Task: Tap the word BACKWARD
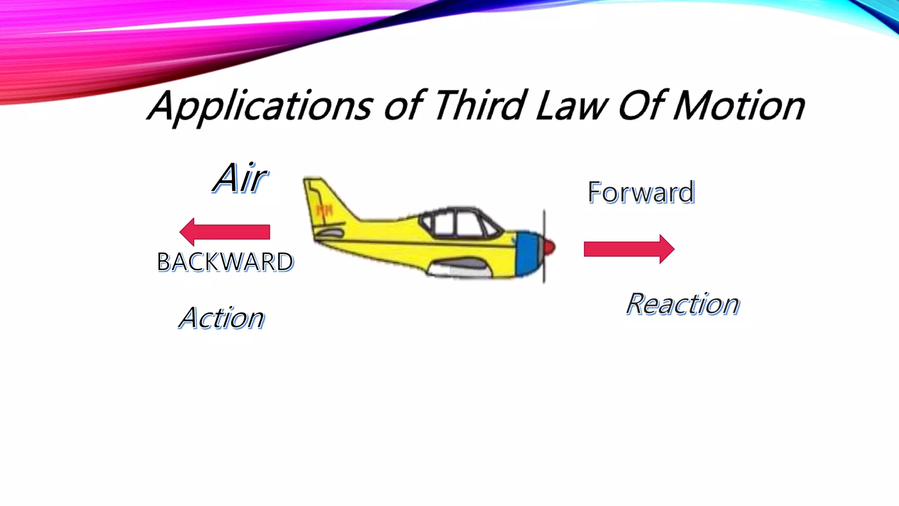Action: tap(225, 262)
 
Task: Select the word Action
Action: tap(222, 318)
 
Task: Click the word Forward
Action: tap(641, 192)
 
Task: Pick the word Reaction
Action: tap(683, 304)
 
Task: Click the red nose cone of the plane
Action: tap(549, 247)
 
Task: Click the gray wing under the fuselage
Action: tap(459, 265)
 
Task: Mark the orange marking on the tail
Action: tap(325, 210)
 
